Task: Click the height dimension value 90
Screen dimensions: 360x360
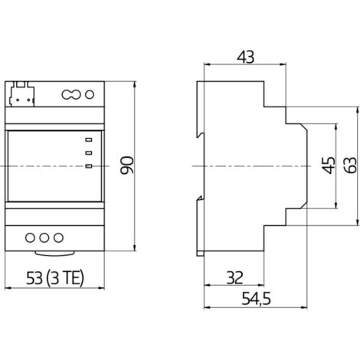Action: tap(127, 165)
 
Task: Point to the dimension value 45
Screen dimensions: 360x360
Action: tap(326, 166)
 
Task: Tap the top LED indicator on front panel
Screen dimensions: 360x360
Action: tap(90, 139)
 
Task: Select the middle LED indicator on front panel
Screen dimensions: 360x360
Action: tap(90, 152)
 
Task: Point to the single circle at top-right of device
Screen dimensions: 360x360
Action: tap(88, 95)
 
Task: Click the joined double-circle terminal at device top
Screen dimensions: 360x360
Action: tap(70, 95)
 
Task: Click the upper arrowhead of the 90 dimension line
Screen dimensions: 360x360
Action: tap(135, 82)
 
